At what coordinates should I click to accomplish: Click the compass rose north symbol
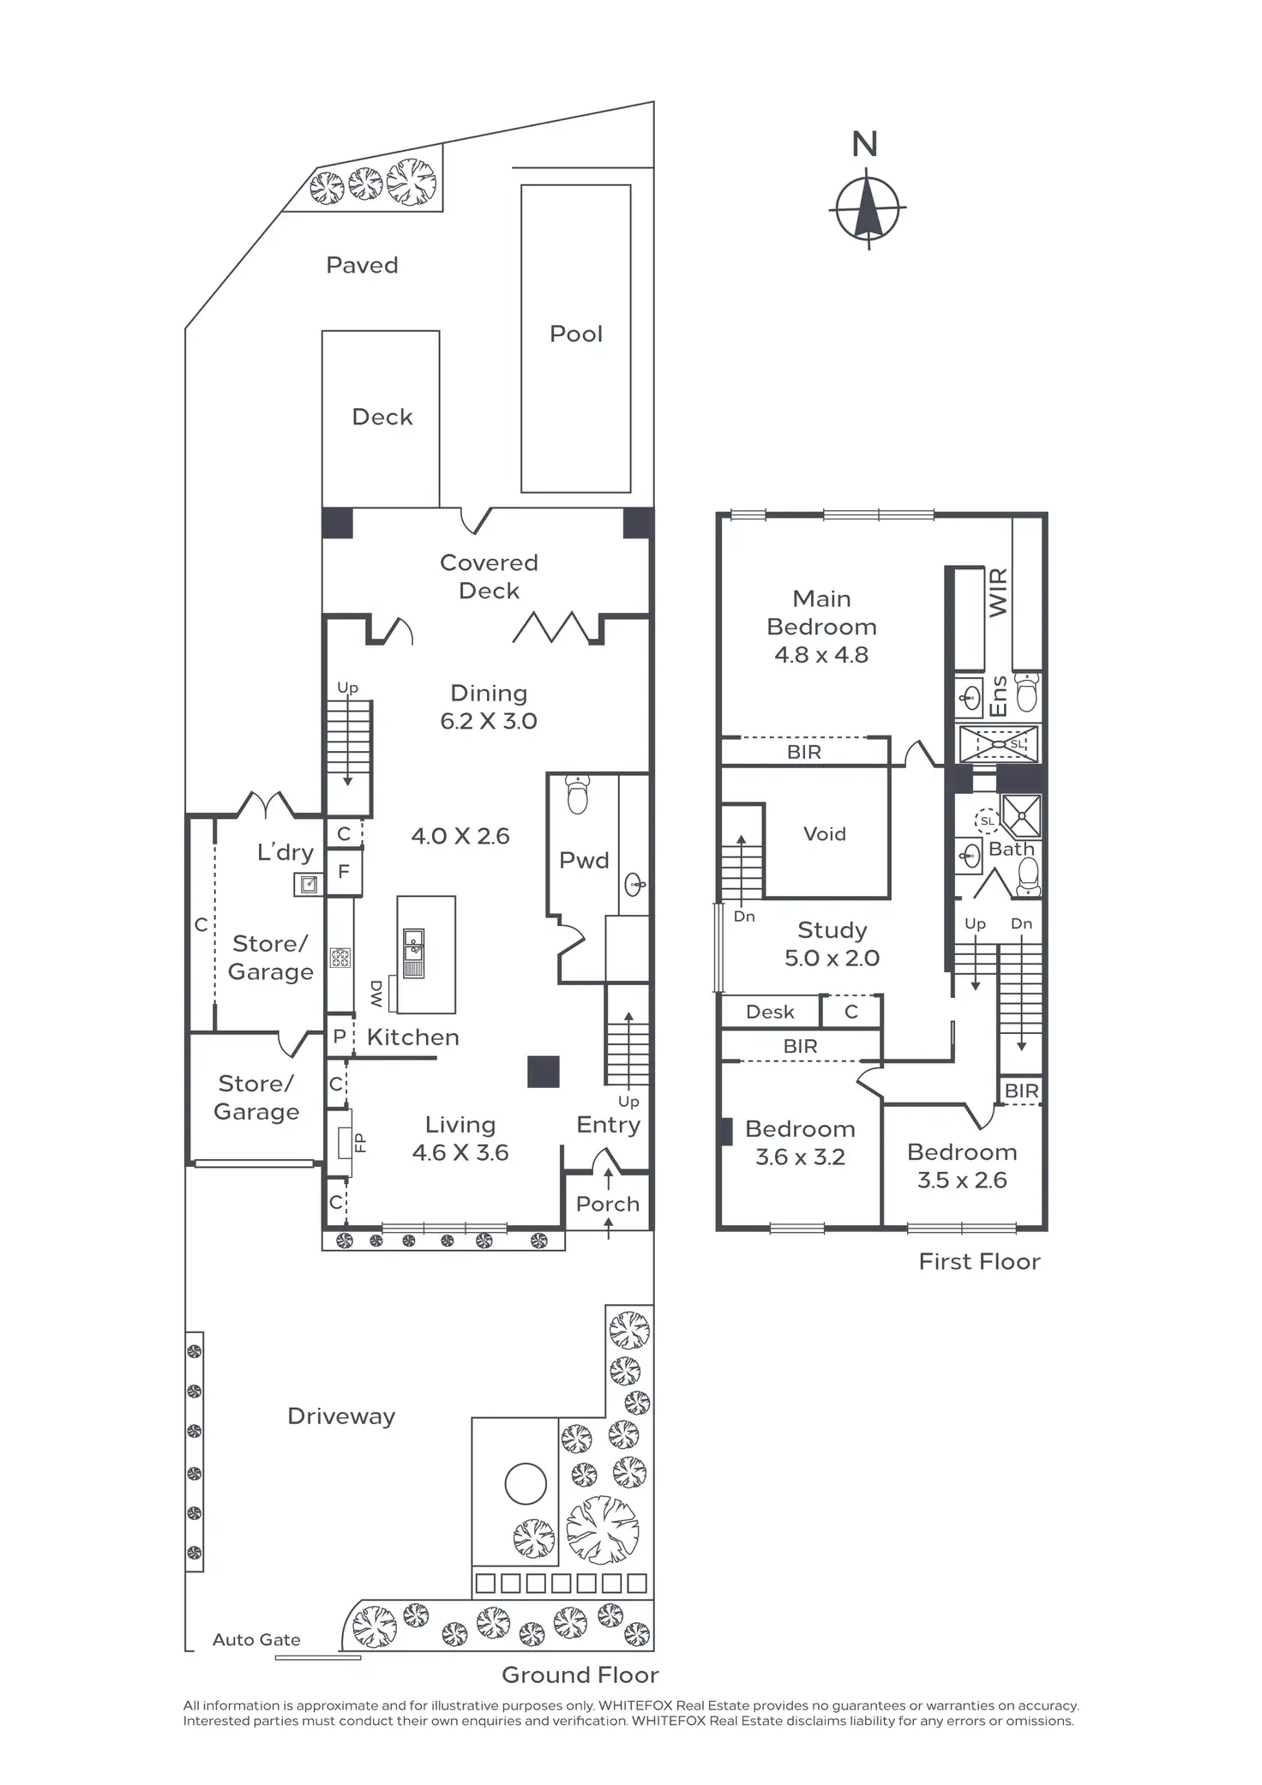click(868, 208)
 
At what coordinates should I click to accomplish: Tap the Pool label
click(576, 334)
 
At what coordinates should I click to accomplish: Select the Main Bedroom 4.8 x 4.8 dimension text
click(821, 655)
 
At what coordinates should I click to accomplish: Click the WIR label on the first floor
click(998, 592)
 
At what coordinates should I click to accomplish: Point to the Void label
click(825, 834)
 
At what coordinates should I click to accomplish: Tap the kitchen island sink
click(413, 946)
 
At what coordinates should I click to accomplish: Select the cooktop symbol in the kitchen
click(340, 958)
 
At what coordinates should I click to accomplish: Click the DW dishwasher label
click(376, 994)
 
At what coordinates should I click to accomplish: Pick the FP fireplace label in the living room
click(360, 1143)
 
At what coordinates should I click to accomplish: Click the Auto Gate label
click(256, 1640)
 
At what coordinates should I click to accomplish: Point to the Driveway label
click(341, 1416)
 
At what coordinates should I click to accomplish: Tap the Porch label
click(608, 1205)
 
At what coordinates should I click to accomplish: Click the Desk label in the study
click(770, 1012)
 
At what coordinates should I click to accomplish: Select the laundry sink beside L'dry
click(308, 884)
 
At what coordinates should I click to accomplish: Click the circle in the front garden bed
click(526, 1484)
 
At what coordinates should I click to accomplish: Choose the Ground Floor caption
click(580, 1675)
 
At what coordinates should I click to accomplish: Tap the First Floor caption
click(979, 1262)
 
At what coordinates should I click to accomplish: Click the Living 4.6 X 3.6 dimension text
click(460, 1153)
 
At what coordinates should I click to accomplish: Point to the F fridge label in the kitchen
click(344, 872)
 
